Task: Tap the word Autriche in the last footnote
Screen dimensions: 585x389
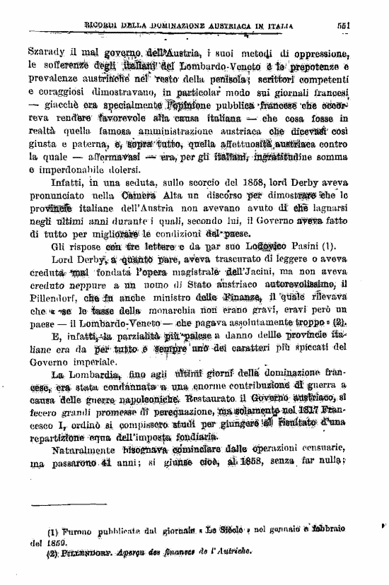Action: coord(234,555)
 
